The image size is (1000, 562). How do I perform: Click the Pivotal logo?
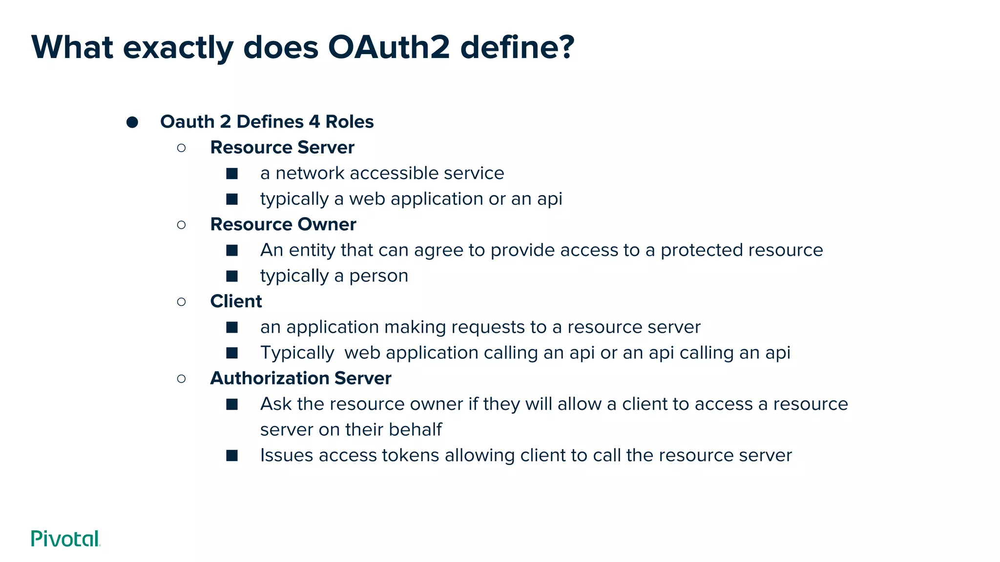coord(65,539)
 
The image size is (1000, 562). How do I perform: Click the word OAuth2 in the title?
coord(389,47)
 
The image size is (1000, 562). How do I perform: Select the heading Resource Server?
coord(282,147)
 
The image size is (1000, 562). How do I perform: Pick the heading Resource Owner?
coord(283,224)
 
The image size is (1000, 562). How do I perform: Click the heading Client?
coord(236,301)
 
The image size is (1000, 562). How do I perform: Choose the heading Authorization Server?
coord(300,379)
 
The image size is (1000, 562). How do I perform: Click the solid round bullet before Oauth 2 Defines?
coord(132,122)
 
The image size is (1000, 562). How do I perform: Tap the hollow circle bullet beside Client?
coord(181,302)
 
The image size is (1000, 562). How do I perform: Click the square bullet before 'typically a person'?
coord(232,276)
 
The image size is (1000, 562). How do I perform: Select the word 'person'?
coord(378,276)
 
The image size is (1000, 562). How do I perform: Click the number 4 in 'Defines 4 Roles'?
coord(314,122)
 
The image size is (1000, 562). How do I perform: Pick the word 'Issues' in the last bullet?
coord(287,456)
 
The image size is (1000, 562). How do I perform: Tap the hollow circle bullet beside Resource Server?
coord(181,148)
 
